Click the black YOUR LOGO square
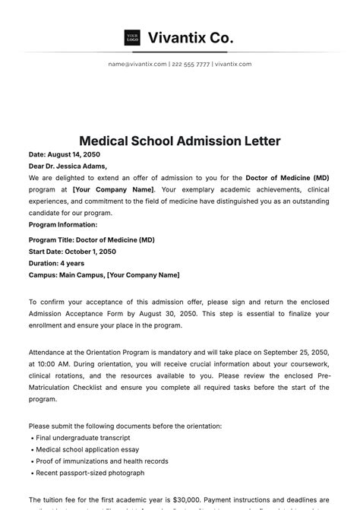coord(132,37)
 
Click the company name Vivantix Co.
coord(191,37)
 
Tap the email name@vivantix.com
coord(137,65)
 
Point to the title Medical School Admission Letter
coord(180,141)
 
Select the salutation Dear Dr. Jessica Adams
coord(68,166)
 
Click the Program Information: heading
coord(63,224)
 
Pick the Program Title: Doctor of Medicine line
coord(91,240)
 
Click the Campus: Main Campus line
coord(104,274)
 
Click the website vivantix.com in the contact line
coord(233,65)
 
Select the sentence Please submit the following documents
coord(125,426)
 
